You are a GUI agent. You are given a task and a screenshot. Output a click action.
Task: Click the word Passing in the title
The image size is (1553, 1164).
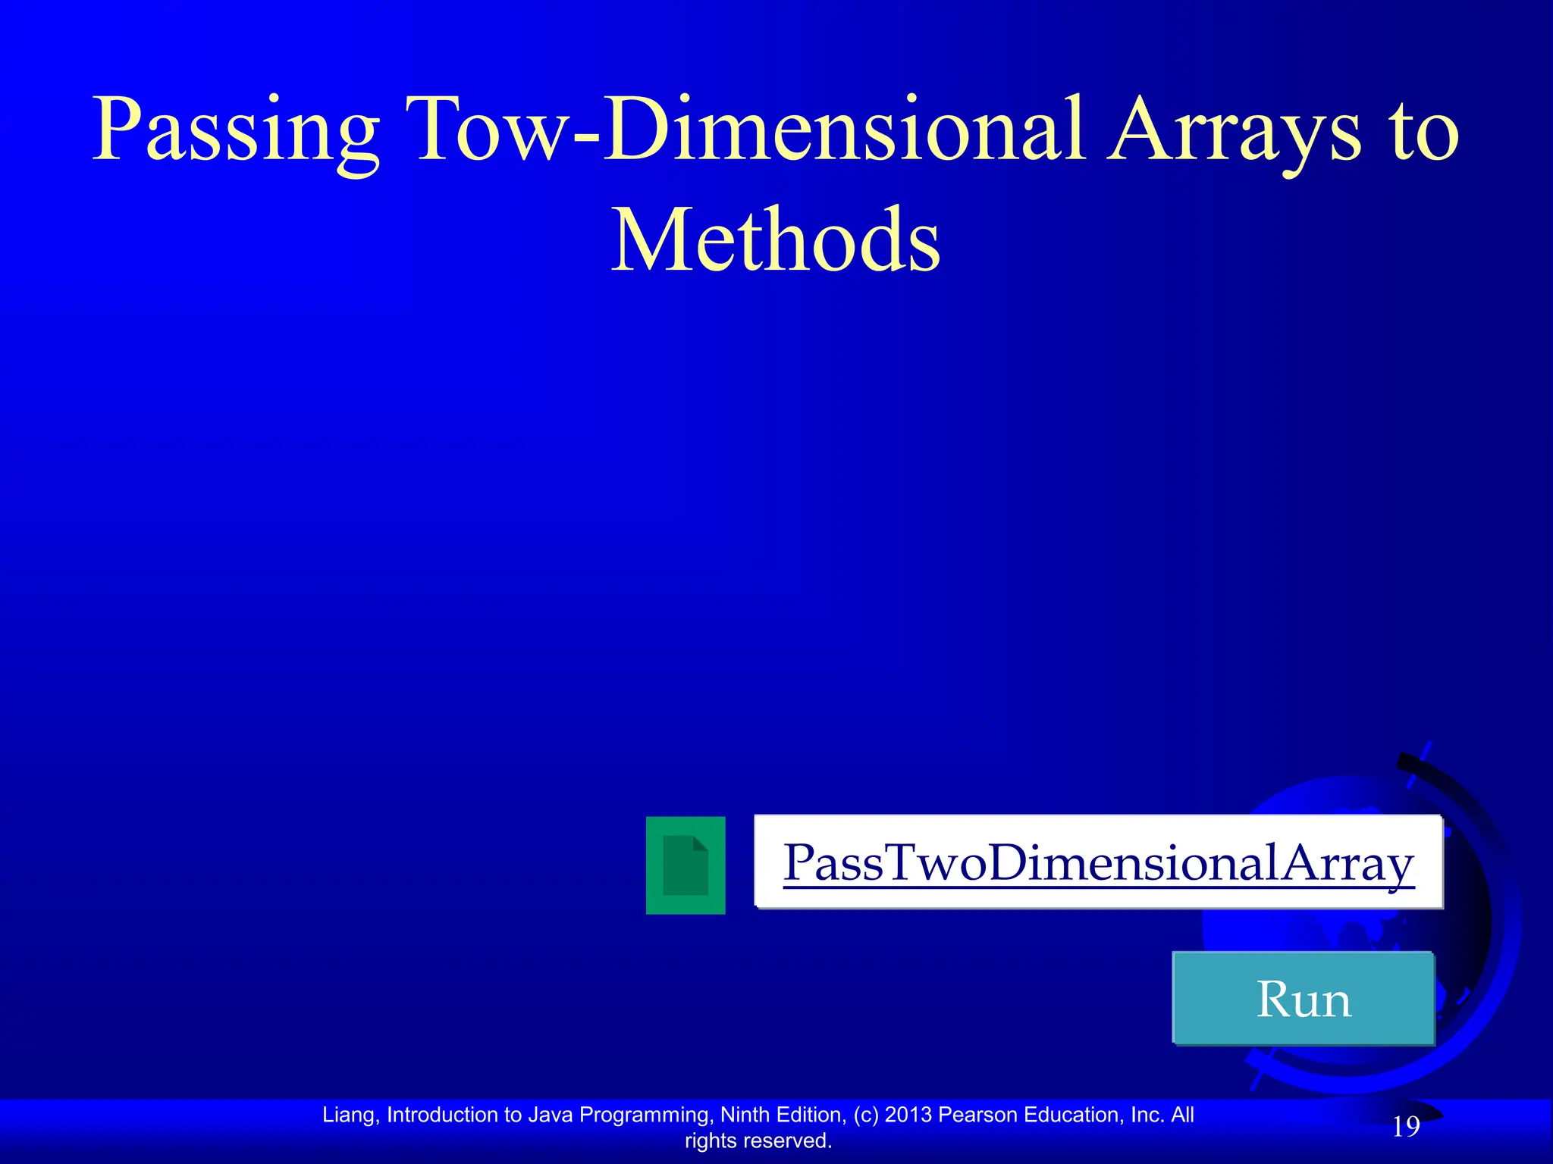tap(235, 130)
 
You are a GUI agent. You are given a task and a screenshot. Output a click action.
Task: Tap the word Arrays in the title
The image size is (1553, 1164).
tap(1233, 130)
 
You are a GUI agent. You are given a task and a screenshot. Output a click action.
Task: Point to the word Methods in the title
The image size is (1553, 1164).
tap(776, 241)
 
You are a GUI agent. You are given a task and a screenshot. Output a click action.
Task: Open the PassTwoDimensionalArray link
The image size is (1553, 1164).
tap(1098, 863)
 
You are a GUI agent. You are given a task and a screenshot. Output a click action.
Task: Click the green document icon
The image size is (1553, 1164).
tap(686, 865)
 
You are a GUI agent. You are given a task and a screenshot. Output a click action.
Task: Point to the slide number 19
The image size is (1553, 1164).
tap(1406, 1127)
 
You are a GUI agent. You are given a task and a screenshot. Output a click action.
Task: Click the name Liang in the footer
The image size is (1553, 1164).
tap(350, 1115)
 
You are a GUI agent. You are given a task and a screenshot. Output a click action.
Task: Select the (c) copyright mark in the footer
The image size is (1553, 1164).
tap(866, 1115)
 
